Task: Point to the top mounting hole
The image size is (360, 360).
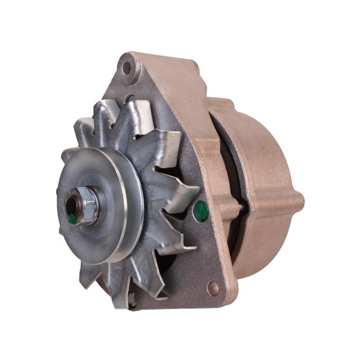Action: coord(126,68)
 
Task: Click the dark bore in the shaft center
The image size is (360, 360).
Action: coord(71,208)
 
